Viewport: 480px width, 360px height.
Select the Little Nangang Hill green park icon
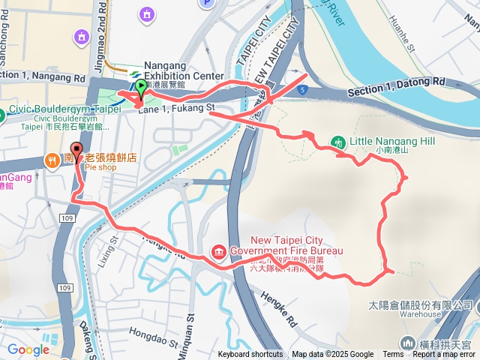(337, 142)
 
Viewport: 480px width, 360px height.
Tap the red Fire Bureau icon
(219, 250)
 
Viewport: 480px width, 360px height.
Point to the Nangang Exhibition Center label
(183, 71)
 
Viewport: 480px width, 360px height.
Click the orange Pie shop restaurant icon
(52, 159)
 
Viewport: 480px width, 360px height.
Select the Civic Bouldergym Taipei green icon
(2, 115)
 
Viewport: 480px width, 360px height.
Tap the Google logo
(28, 349)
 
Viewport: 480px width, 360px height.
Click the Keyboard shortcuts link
(250, 355)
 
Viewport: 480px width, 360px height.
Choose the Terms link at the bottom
(393, 355)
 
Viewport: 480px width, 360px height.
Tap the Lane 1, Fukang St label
(175, 109)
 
